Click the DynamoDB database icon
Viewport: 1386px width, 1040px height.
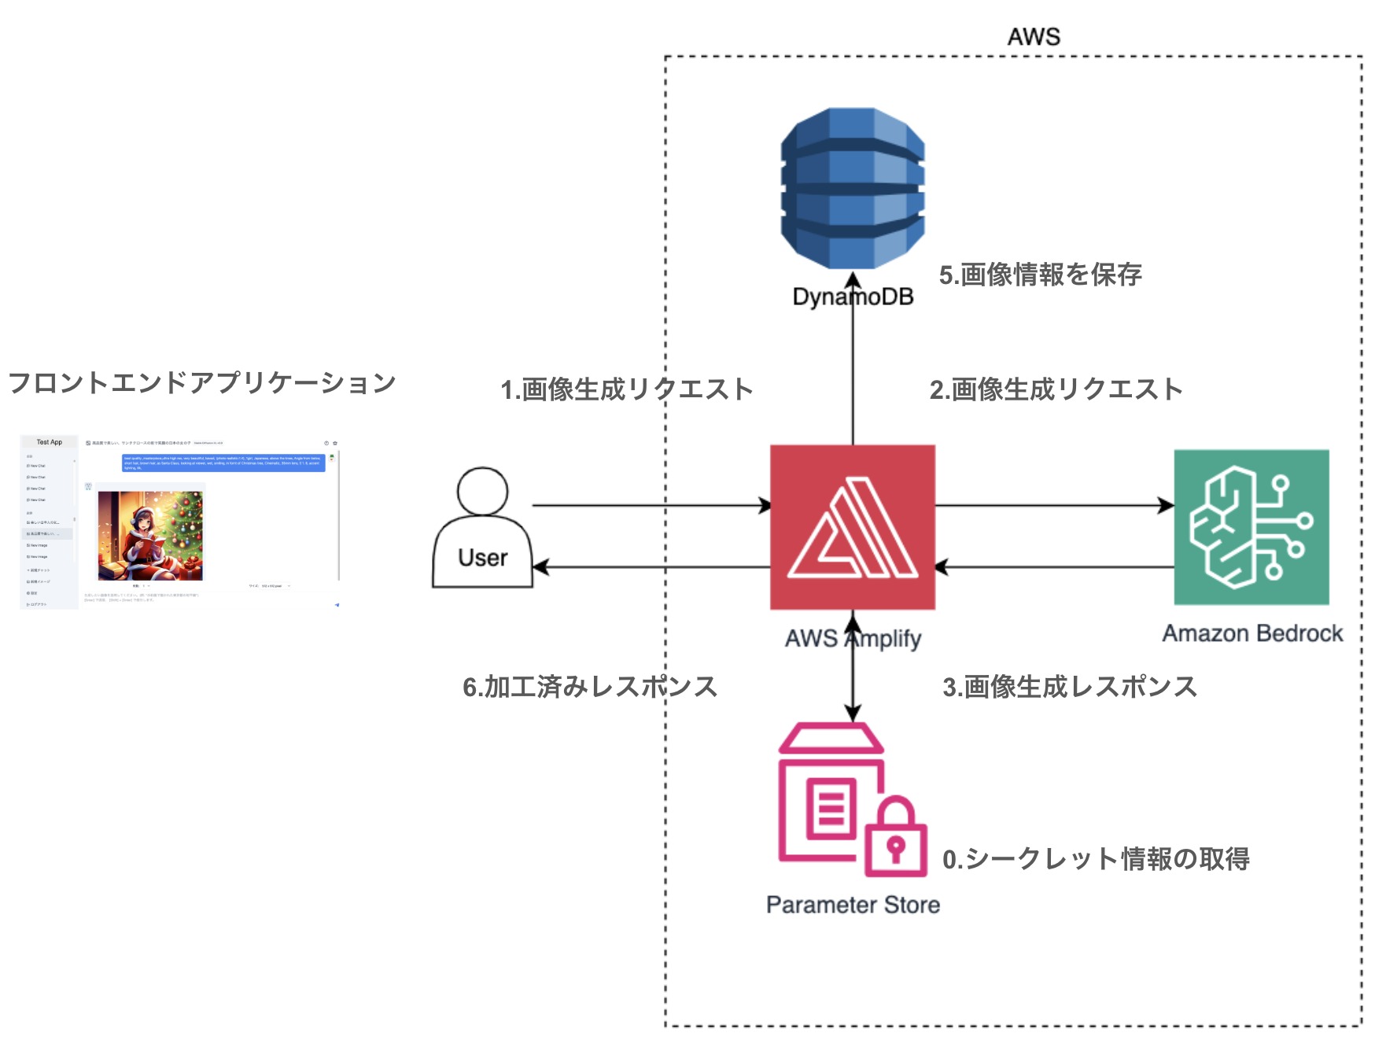pyautogui.click(x=853, y=189)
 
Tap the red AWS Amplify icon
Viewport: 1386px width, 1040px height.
pyautogui.click(x=853, y=527)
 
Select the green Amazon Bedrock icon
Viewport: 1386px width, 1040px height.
pyautogui.click(x=1251, y=527)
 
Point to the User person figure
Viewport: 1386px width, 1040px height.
pyautogui.click(x=482, y=527)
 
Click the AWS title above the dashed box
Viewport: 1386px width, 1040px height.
pyautogui.click(x=1034, y=37)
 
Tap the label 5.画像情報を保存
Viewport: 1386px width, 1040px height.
pyautogui.click(x=1040, y=275)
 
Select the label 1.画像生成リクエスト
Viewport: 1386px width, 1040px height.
pyautogui.click(x=627, y=389)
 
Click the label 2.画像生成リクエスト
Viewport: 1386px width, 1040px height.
pyautogui.click(x=1056, y=389)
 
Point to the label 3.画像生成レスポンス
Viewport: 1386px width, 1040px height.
pyautogui.click(x=1070, y=687)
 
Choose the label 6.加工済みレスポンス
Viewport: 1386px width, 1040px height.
pyautogui.click(x=590, y=687)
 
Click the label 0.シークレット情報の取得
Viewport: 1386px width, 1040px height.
pyautogui.click(x=1096, y=859)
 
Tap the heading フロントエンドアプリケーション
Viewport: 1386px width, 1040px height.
pyautogui.click(x=202, y=383)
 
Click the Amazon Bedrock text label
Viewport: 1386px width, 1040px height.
pyautogui.click(x=1252, y=633)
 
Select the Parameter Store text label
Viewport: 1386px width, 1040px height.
pyautogui.click(x=853, y=905)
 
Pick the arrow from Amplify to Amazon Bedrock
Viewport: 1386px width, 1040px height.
pyautogui.click(x=1054, y=505)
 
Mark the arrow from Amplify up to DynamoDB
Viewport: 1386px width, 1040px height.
pyautogui.click(x=853, y=362)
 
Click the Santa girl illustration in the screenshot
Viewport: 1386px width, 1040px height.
pyautogui.click(x=150, y=535)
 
